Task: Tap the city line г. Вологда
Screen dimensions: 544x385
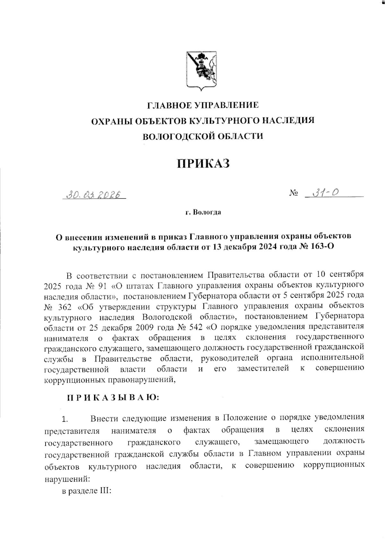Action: pyautogui.click(x=203, y=212)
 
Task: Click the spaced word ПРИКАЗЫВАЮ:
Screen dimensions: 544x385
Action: pyautogui.click(x=113, y=398)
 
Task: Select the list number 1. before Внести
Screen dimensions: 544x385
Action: pyautogui.click(x=65, y=419)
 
